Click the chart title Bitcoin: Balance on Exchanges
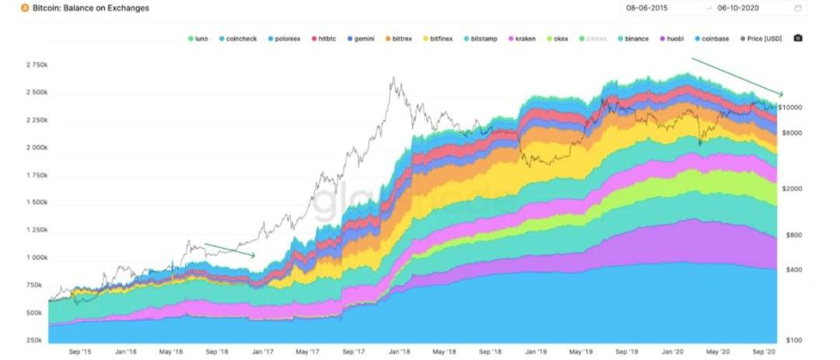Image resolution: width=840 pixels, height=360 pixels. click(90, 8)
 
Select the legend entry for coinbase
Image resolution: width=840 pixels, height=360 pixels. click(715, 38)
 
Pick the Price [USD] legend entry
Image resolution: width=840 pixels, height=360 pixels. click(765, 38)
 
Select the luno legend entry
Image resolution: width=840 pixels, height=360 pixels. click(200, 38)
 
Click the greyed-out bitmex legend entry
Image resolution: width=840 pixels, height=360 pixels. click(596, 38)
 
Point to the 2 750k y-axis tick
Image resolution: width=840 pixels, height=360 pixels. click(37, 65)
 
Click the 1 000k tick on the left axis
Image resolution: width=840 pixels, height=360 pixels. click(37, 257)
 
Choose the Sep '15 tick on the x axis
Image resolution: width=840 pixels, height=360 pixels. click(81, 351)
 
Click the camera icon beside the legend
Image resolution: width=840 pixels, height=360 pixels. click(797, 38)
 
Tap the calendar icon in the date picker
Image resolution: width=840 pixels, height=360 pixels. click(798, 8)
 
